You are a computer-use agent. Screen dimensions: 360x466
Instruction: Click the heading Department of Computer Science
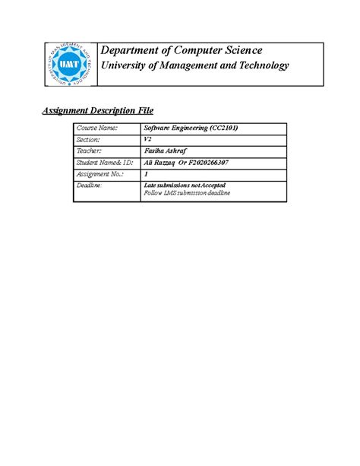point(182,50)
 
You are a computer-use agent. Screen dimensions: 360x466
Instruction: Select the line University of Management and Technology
point(196,66)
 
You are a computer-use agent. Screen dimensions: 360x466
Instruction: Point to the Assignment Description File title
point(96,110)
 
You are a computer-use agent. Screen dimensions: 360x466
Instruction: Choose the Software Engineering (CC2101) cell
point(191,128)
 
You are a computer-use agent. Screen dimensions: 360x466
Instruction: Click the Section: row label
point(89,140)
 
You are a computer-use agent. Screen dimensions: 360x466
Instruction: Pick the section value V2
point(148,140)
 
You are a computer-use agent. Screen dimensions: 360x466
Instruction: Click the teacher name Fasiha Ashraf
point(165,151)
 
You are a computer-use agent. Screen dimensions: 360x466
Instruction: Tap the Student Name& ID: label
point(105,163)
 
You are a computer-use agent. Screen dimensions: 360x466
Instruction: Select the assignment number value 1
point(146,174)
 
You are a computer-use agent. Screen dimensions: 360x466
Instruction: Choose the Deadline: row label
point(90,185)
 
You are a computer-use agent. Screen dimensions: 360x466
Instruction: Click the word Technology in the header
point(264,66)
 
